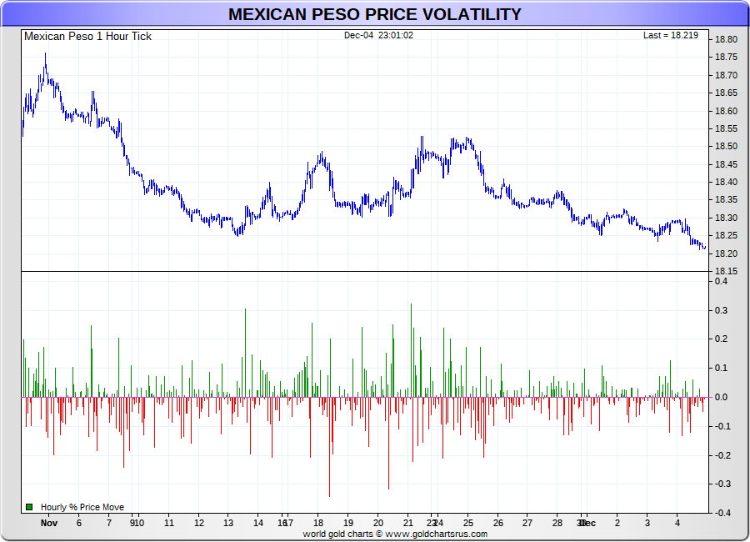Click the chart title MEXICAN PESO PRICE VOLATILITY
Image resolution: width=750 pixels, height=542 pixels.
[x=374, y=14]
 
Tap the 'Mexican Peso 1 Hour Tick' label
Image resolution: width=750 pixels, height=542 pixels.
[x=87, y=36]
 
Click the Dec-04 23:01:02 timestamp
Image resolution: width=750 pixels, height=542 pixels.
[x=378, y=35]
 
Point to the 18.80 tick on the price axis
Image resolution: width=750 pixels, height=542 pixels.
[x=726, y=40]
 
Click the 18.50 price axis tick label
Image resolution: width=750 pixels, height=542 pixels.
[x=726, y=147]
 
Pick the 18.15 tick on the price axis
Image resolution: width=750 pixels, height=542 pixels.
[x=726, y=272]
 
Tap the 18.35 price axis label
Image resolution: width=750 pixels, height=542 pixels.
[x=726, y=200]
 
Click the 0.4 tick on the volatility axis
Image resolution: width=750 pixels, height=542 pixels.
[x=722, y=282]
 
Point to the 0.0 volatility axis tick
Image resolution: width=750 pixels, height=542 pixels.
[x=722, y=398]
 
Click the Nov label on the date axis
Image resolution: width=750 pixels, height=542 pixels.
[x=48, y=524]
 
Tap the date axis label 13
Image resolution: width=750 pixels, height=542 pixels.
[x=228, y=524]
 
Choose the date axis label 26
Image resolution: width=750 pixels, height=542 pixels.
[x=497, y=524]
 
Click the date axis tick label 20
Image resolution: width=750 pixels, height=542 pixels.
[x=378, y=524]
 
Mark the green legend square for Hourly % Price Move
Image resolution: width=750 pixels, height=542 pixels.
[x=29, y=506]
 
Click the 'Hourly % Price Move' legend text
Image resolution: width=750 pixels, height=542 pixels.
[x=82, y=507]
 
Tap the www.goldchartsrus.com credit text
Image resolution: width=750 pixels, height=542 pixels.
[x=437, y=534]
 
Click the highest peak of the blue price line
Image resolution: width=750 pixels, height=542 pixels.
[x=45, y=55]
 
